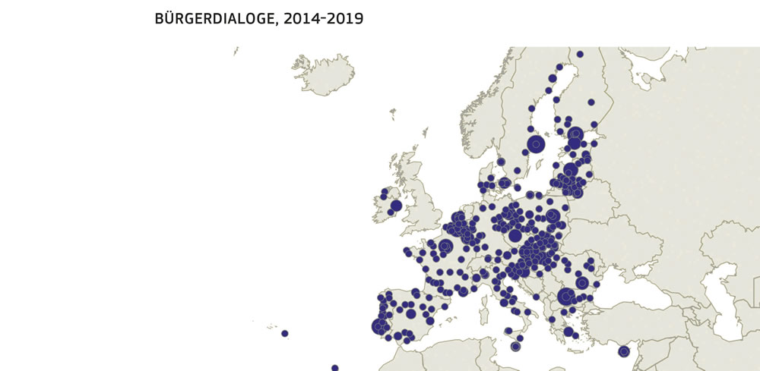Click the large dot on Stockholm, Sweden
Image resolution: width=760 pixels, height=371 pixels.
point(537,144)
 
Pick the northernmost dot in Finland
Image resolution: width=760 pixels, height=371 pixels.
point(580,54)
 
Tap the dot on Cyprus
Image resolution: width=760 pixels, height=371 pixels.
point(624,351)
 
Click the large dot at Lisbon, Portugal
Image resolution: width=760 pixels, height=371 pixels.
point(380,326)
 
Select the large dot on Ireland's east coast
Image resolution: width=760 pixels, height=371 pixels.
point(396,206)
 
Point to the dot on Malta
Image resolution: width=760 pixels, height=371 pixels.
point(516,347)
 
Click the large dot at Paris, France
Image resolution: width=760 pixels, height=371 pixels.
point(445,246)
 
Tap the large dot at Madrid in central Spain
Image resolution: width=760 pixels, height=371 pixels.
point(411,313)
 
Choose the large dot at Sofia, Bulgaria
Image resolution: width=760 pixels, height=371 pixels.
point(565,297)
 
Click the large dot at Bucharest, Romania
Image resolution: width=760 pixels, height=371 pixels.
point(582,283)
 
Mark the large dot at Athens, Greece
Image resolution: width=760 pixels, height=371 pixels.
point(568,332)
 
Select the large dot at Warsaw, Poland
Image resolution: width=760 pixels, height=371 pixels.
point(553,216)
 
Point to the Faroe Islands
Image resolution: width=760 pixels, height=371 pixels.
point(393,115)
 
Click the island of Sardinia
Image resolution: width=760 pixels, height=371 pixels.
point(484,311)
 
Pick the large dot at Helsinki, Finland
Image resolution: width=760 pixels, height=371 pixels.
point(575,134)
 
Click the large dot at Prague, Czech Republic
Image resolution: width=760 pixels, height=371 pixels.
point(515,236)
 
